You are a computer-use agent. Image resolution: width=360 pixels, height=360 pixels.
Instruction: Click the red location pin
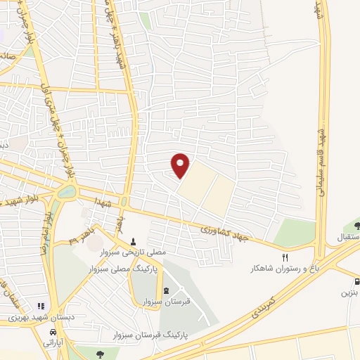(181, 165)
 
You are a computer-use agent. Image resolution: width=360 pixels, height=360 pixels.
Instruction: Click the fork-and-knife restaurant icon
(285, 257)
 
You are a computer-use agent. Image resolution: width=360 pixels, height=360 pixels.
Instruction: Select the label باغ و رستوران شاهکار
(280, 269)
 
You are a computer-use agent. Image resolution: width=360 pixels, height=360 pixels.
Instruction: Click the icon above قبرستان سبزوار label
(166, 291)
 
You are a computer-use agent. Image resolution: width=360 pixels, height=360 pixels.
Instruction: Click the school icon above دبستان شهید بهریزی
(40, 307)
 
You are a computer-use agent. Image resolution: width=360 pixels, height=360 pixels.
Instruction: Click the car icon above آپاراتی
(53, 333)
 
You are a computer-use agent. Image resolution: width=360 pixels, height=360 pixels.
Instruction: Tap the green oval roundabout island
(66, 191)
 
